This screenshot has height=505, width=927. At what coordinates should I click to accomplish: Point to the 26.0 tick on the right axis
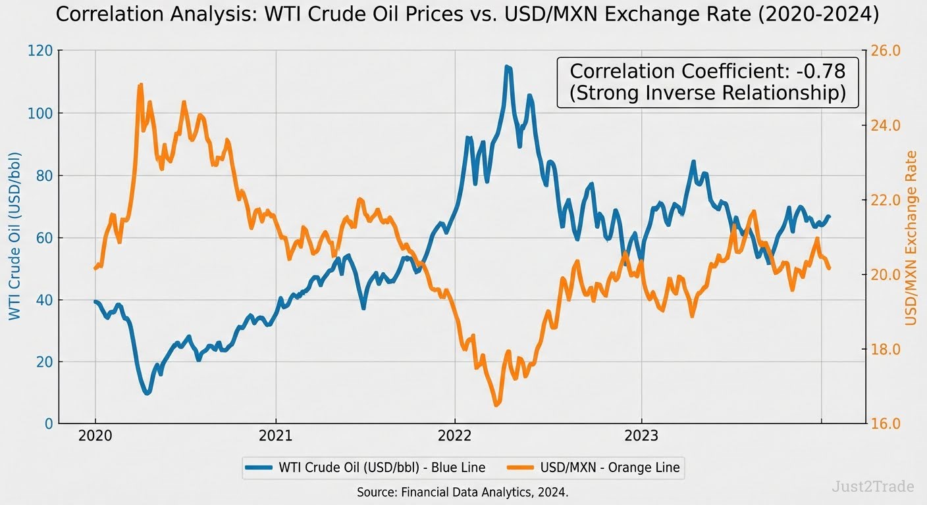pyautogui.click(x=885, y=51)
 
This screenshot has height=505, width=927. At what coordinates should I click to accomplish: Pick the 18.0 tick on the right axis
pyautogui.click(x=885, y=349)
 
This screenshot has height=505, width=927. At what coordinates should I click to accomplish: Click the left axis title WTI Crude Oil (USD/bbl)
pyautogui.click(x=14, y=237)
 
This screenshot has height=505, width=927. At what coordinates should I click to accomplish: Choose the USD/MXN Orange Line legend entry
pyautogui.click(x=596, y=468)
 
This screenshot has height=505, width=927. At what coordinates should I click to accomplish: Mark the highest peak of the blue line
pyautogui.click(x=507, y=66)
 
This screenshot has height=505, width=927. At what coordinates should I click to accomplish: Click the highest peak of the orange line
pyautogui.click(x=140, y=85)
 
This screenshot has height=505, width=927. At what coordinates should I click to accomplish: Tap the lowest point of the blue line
pyautogui.click(x=147, y=393)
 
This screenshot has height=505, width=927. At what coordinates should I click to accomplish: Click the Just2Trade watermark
pyautogui.click(x=873, y=487)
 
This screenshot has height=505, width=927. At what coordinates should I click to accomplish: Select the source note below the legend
pyautogui.click(x=462, y=492)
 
